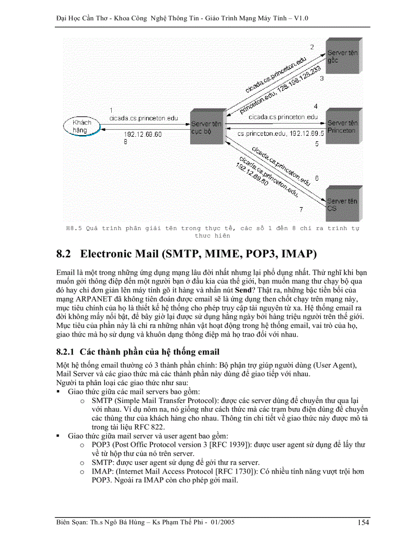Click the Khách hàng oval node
pyautogui.click(x=79, y=126)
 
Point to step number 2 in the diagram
pyautogui.click(x=312, y=47)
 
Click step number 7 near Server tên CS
pyautogui.click(x=301, y=210)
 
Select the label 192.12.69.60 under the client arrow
pyautogui.click(x=143, y=135)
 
